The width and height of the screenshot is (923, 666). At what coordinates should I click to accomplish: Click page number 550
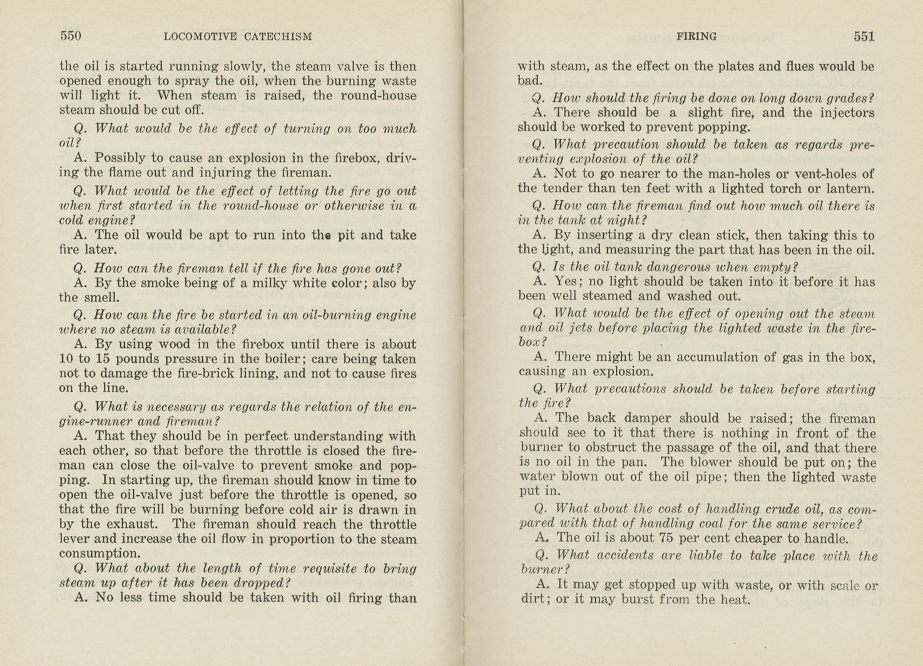[71, 36]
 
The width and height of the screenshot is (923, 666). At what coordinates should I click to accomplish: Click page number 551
[864, 36]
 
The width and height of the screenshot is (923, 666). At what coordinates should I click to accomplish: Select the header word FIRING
[696, 37]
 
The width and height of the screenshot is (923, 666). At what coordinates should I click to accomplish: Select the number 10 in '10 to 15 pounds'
[66, 359]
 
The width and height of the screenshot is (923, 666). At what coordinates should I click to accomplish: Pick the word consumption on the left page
[99, 553]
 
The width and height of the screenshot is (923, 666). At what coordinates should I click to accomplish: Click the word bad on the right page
[529, 81]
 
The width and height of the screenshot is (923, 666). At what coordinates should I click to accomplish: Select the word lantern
[852, 189]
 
